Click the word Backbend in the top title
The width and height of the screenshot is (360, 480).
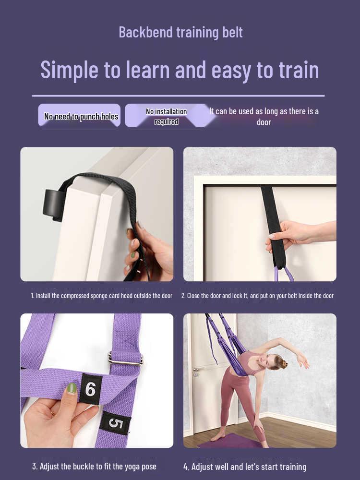tap(145, 33)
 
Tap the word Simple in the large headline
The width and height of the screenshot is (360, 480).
tap(70, 71)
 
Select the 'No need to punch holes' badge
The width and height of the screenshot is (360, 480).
tap(79, 115)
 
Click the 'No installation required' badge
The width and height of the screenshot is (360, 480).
tap(166, 116)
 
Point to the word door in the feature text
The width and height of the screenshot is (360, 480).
tap(264, 122)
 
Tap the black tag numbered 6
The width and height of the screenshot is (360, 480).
tap(90, 389)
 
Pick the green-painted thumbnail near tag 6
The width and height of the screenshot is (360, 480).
tap(72, 388)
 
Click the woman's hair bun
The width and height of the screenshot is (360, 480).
tap(284, 363)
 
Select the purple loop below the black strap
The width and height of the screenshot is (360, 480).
tap(284, 274)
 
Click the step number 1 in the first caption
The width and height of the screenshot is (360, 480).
tap(33, 296)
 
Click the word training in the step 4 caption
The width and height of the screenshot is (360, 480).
tap(290, 467)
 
